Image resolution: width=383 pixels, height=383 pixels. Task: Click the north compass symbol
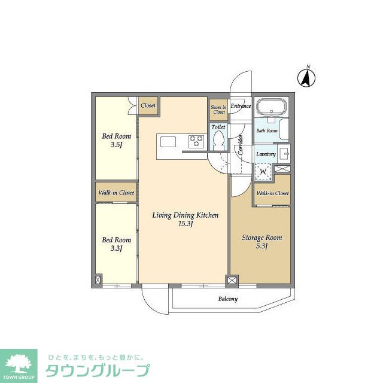pyautogui.click(x=308, y=77)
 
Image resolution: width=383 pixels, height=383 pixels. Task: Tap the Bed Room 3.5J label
pyautogui.click(x=112, y=140)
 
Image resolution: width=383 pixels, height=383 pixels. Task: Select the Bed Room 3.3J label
pyautogui.click(x=112, y=244)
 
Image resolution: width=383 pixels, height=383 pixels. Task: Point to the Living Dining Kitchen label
pyautogui.click(x=185, y=220)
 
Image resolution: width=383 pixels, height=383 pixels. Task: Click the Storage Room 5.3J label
pyautogui.click(x=262, y=242)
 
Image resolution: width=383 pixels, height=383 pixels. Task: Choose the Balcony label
pyautogui.click(x=227, y=299)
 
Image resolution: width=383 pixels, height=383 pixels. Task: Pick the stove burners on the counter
pyautogui.click(x=196, y=142)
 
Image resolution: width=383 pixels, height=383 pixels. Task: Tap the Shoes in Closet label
pyautogui.click(x=218, y=108)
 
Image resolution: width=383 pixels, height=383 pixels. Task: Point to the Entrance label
pyautogui.click(x=241, y=107)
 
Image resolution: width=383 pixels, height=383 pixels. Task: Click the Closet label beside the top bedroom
pyautogui.click(x=148, y=106)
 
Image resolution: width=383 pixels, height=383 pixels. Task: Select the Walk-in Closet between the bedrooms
pyautogui.click(x=116, y=193)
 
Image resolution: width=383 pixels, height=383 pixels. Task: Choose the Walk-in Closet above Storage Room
pyautogui.click(x=272, y=193)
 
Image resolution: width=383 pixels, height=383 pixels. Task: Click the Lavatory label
pyautogui.click(x=266, y=154)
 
